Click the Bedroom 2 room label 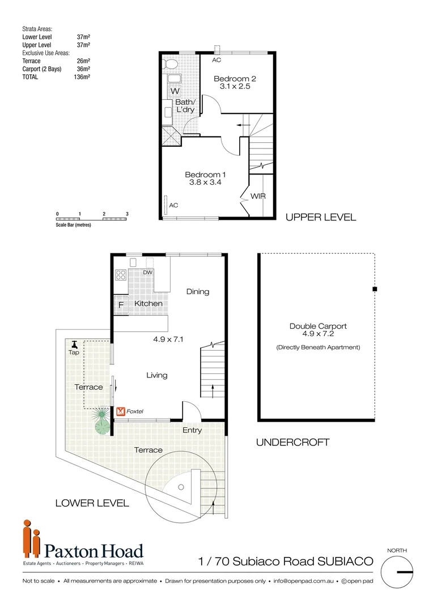point(232,79)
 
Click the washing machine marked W point(175,91)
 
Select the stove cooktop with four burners point(121,275)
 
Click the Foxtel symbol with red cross point(121,411)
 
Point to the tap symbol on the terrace point(74,345)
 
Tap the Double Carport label point(318,326)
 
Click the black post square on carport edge point(375,290)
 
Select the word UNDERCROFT point(292,442)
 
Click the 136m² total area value point(83,76)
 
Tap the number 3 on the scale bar point(128,214)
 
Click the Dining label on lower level point(198,291)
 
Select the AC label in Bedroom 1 point(173,205)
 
